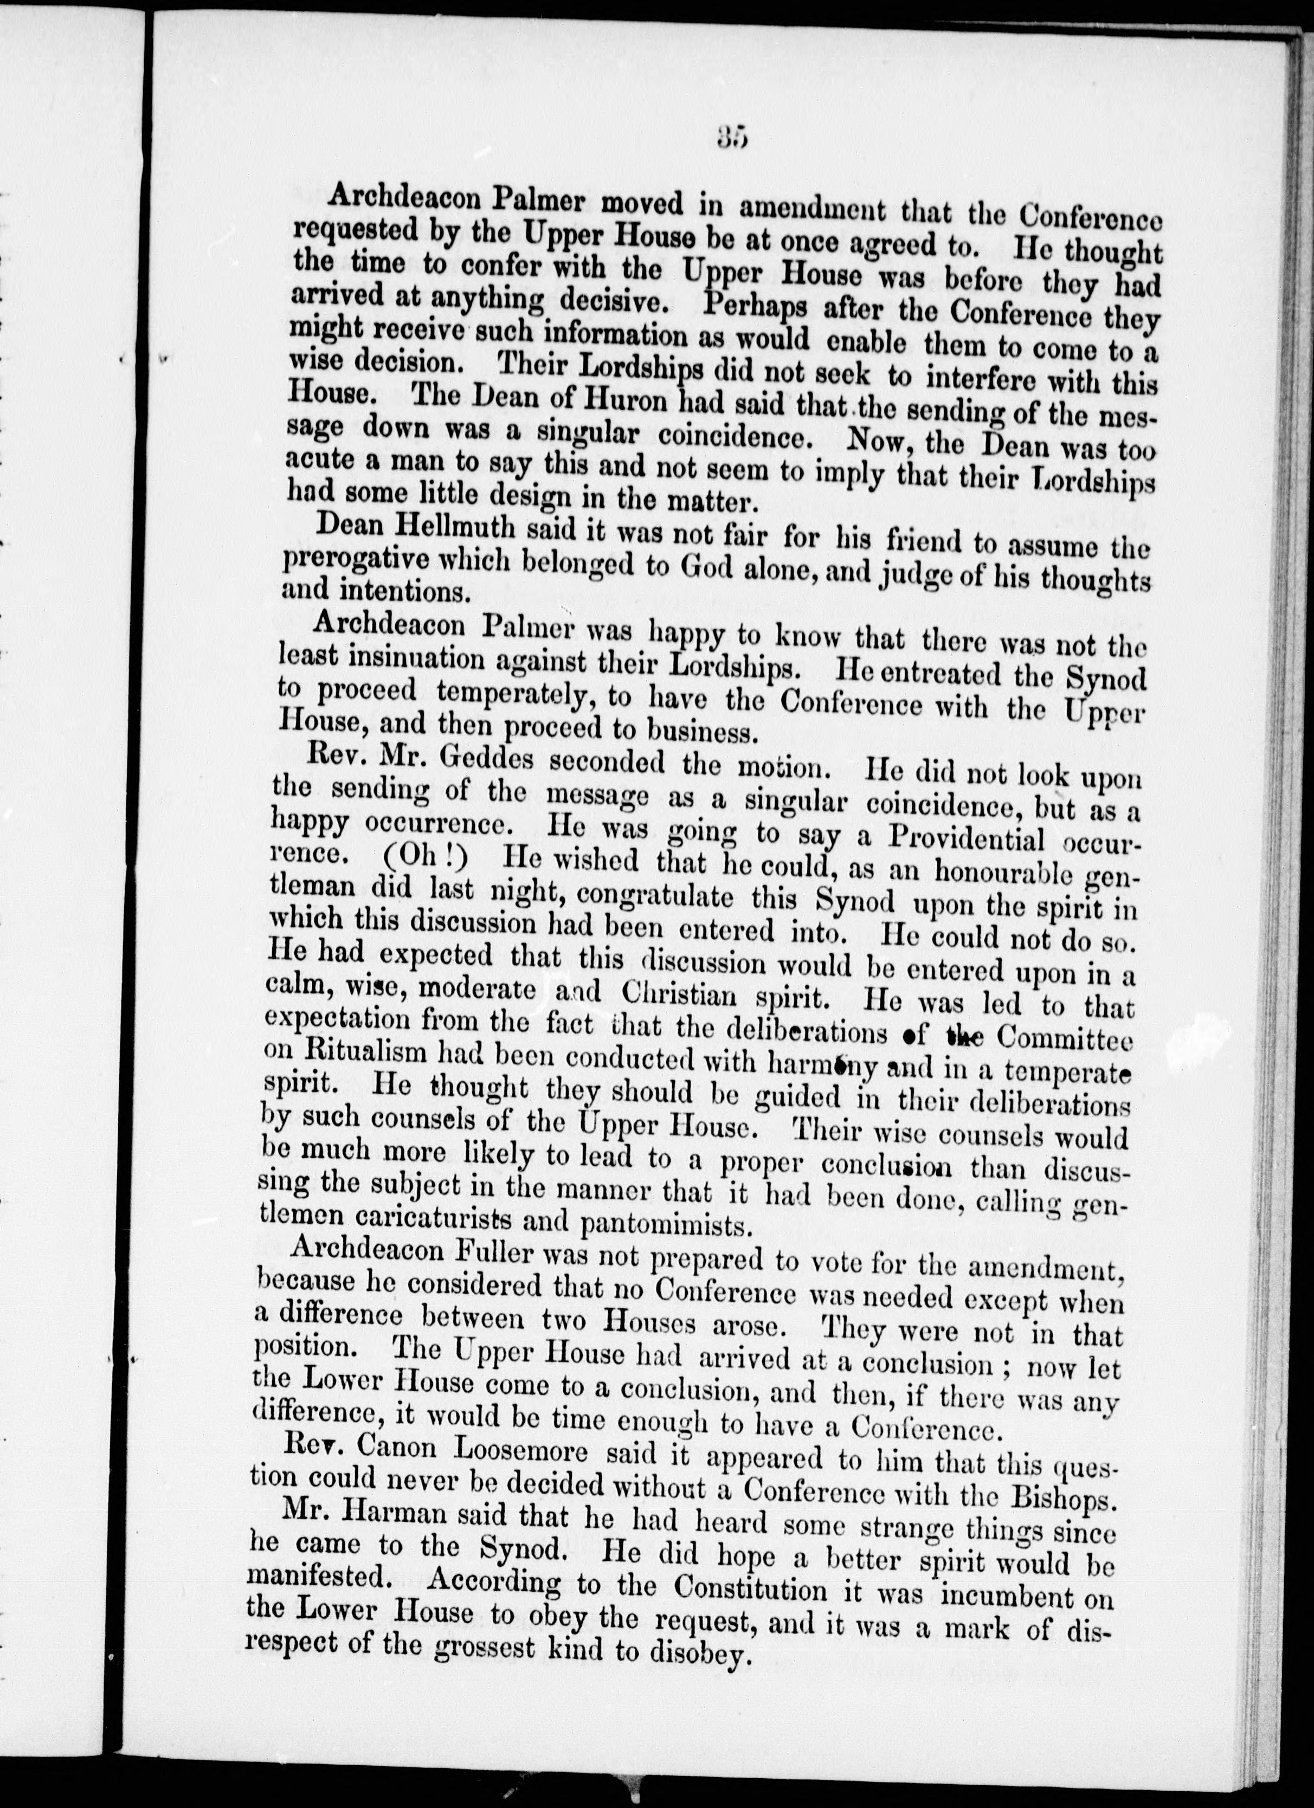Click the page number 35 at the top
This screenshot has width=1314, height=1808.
tap(730, 141)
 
